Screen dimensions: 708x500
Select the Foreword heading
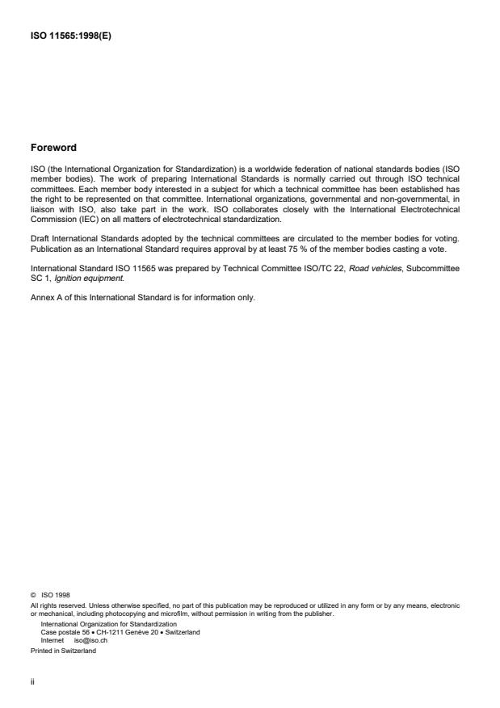pos(53,148)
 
